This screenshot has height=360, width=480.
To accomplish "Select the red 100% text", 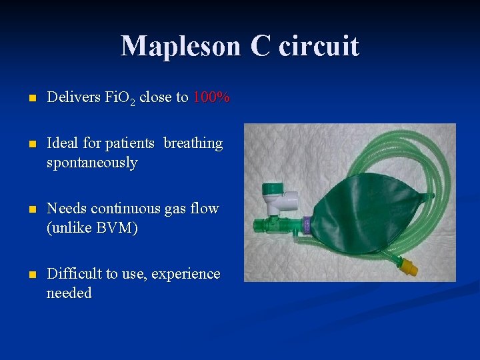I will [211, 98].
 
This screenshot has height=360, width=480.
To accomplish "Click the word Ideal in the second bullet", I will [63, 143].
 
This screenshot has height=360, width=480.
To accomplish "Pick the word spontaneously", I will [92, 163].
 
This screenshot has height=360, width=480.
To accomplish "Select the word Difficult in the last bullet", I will [73, 274].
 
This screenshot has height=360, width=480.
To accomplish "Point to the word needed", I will [69, 293].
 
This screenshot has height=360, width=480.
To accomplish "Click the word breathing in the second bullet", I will [193, 143].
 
